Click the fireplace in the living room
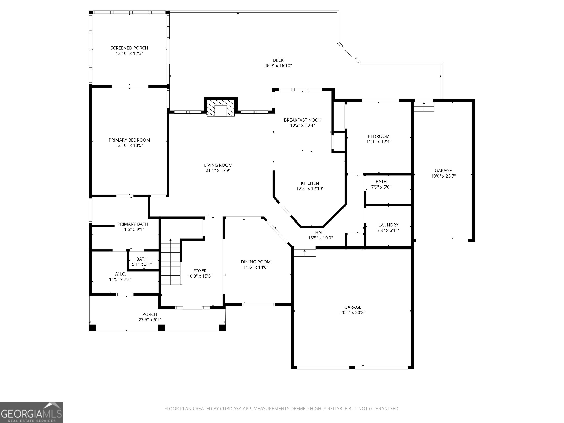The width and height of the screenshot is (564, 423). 220,108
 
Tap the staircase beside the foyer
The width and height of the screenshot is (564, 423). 171,262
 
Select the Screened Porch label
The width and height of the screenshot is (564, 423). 129,48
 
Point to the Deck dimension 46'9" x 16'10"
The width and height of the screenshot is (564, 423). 278,66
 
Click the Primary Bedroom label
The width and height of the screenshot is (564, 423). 129,140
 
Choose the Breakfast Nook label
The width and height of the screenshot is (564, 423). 302,120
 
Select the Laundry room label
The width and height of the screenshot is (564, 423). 388,225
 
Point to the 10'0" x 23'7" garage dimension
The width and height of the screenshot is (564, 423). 443,176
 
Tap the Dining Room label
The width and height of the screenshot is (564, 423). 256,262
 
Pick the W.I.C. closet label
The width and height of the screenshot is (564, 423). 120,274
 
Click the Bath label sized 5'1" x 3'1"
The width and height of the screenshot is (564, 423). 142,259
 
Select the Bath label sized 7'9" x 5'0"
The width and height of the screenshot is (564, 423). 381,182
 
